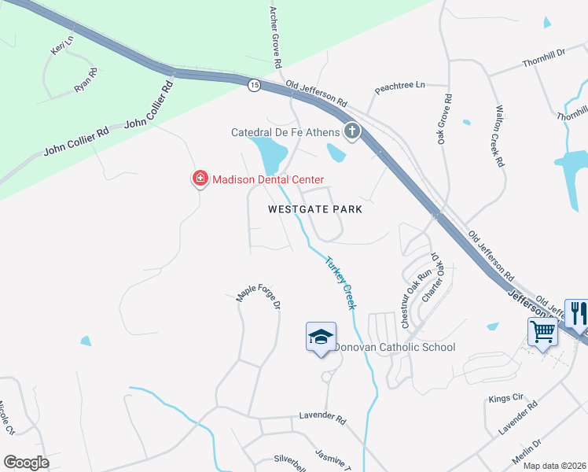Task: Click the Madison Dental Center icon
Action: [x=200, y=180]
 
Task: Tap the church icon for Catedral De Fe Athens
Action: [x=351, y=131]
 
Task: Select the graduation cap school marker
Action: [x=321, y=337]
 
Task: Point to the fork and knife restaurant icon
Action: [x=577, y=313]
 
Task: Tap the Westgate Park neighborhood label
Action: [x=314, y=209]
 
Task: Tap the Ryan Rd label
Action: [x=86, y=81]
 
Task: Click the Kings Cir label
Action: [x=505, y=399]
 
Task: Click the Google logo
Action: [x=26, y=463]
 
